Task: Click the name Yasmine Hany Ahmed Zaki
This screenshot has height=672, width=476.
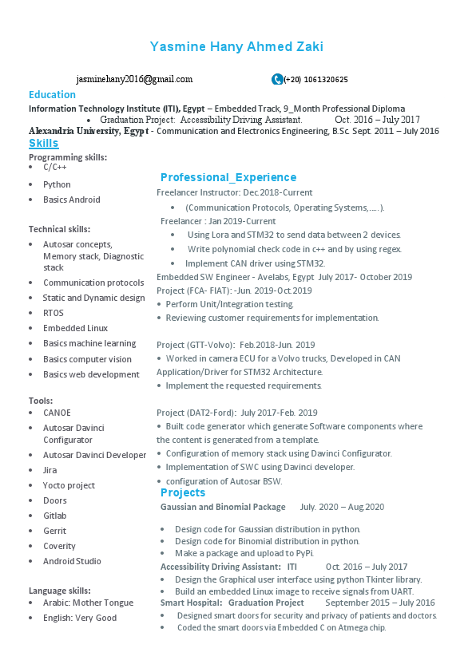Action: (x=237, y=47)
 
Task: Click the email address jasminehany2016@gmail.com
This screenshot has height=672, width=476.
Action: (x=135, y=79)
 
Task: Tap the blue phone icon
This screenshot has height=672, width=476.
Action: (x=277, y=79)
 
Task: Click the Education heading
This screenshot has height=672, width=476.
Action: (x=52, y=95)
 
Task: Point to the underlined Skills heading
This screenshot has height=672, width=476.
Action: (x=44, y=143)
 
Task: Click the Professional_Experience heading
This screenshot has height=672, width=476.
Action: (x=228, y=177)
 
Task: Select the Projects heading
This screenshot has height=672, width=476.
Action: (x=183, y=492)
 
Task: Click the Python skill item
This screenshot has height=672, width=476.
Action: (x=57, y=184)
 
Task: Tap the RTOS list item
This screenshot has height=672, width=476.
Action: (x=54, y=313)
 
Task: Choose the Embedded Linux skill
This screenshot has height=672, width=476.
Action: (x=75, y=328)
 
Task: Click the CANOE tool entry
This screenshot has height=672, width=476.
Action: (x=57, y=413)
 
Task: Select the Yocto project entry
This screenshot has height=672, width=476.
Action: (x=69, y=485)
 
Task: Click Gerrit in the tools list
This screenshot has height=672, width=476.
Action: (x=54, y=531)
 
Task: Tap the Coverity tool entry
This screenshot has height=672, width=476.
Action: (x=59, y=546)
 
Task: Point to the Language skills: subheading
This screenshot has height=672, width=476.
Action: (x=65, y=590)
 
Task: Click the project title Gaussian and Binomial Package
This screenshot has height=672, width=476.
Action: (x=223, y=507)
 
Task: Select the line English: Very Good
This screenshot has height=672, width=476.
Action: (x=80, y=618)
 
